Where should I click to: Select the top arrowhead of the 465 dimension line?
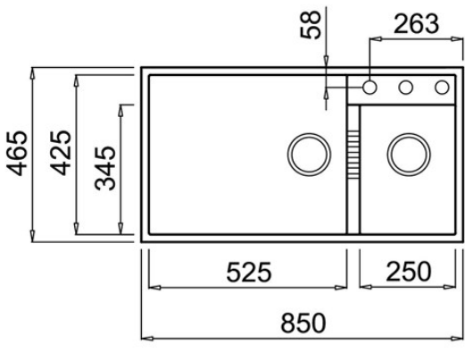click(x=33, y=71)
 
